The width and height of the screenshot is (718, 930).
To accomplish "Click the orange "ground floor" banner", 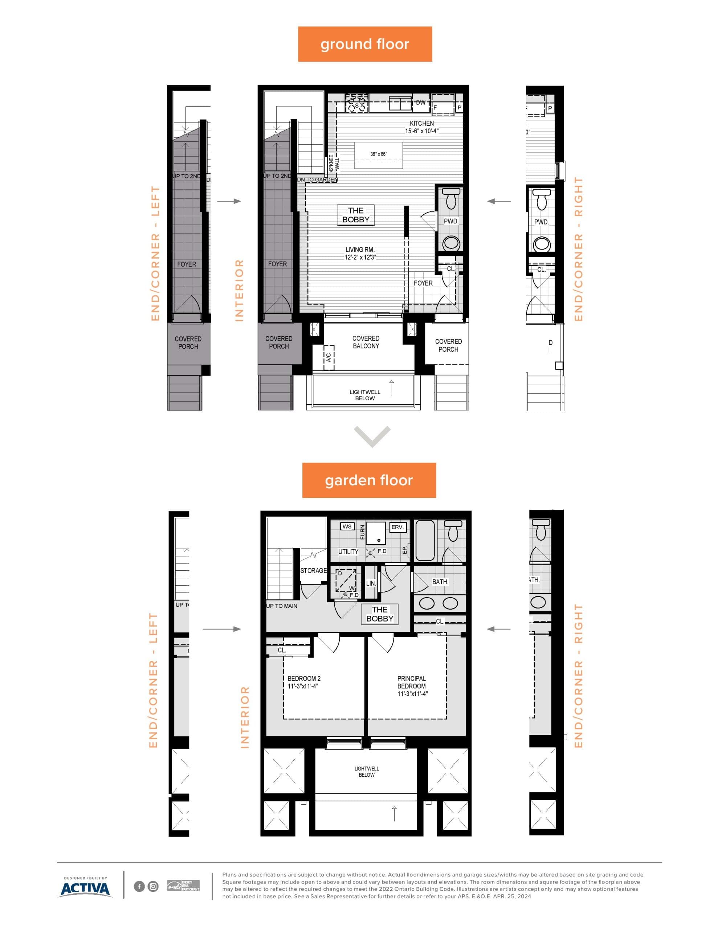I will click(x=365, y=44).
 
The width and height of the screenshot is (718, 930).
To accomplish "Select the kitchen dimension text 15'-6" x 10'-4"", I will click(x=421, y=131).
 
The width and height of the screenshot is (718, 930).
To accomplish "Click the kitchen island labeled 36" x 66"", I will click(x=378, y=156).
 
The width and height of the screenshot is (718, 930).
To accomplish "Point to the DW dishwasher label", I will click(x=420, y=102).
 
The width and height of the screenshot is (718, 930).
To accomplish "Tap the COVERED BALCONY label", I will click(x=366, y=342).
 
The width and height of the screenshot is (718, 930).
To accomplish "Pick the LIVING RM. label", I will click(x=360, y=250).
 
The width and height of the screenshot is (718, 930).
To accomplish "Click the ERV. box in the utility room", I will click(x=397, y=527).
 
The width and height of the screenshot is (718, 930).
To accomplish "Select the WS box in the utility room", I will click(x=347, y=527).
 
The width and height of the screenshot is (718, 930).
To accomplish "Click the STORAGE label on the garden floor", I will click(x=313, y=571).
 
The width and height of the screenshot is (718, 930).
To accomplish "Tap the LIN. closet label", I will click(x=371, y=583).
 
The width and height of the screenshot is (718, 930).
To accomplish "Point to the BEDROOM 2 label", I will click(x=304, y=678).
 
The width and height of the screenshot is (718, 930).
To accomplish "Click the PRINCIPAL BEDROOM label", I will click(x=412, y=682).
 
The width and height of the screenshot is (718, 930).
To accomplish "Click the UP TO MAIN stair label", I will click(x=282, y=606).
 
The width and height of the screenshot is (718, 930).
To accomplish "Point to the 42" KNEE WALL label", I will click(x=334, y=163).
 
